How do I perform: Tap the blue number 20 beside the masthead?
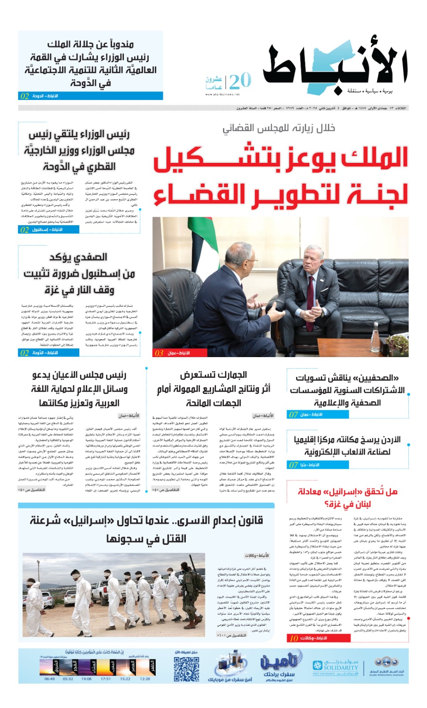(240, 81)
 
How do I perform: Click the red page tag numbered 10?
(314, 638)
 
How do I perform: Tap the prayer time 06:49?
(50, 679)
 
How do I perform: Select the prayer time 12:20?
(145, 679)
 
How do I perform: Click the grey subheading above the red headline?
(279, 128)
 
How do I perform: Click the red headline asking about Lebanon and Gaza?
(347, 497)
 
